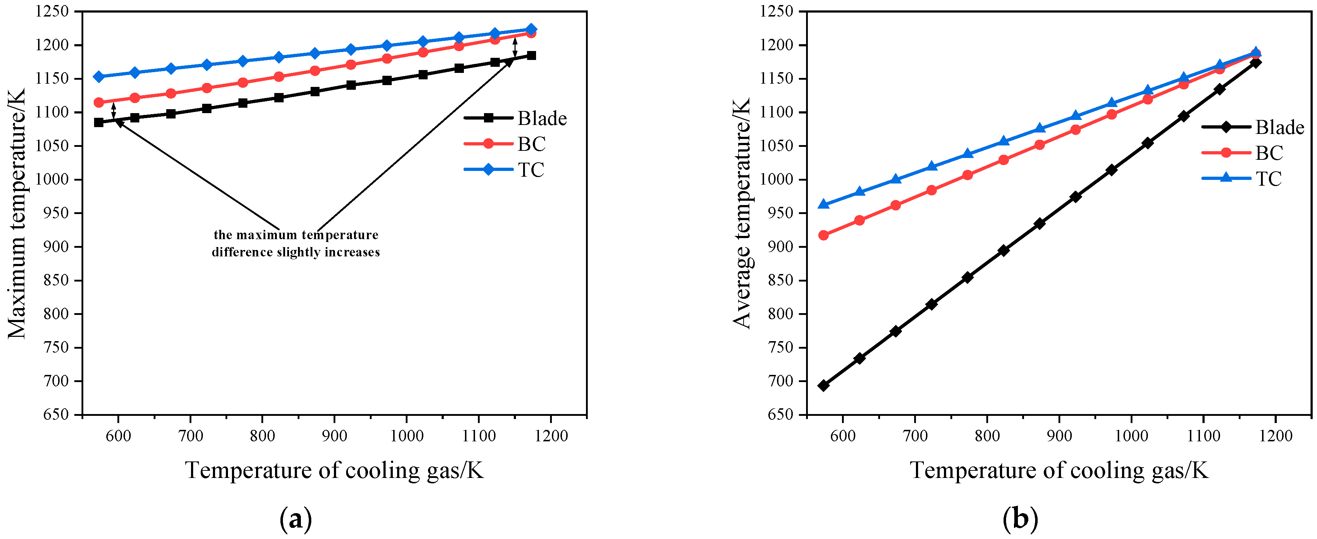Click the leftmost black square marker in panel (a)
(x=99, y=122)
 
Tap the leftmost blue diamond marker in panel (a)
(x=99, y=77)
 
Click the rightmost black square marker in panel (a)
(x=531, y=55)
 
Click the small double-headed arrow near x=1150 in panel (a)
(x=515, y=47)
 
